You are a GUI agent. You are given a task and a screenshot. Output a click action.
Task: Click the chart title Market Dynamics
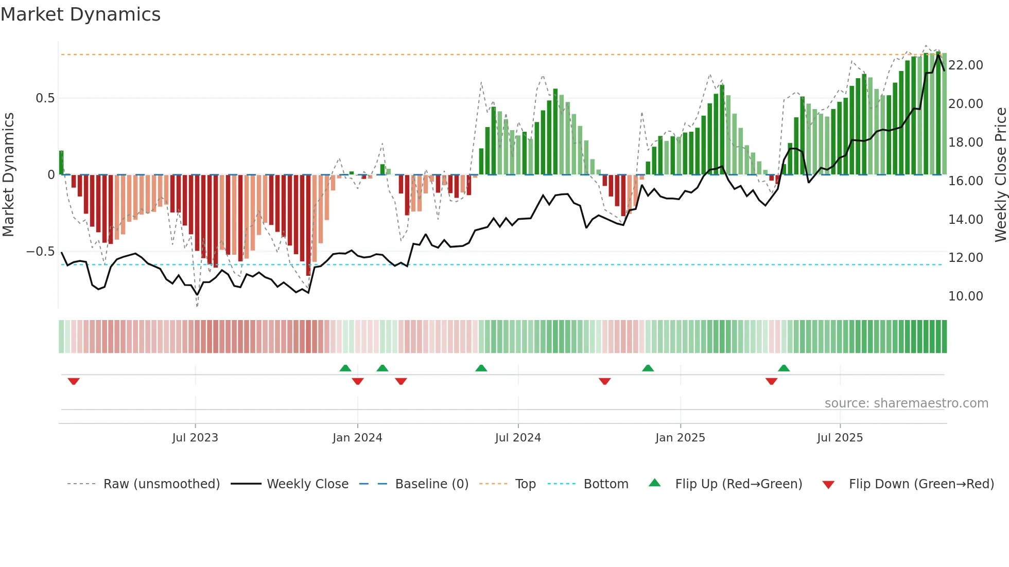[x=80, y=14]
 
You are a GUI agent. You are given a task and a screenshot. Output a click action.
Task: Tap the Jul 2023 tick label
[x=195, y=438]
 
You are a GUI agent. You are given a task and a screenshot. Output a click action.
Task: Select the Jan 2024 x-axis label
[x=357, y=438]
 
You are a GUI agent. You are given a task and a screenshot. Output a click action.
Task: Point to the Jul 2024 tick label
[x=518, y=438]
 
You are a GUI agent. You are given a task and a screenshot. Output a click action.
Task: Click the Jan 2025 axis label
[x=680, y=438]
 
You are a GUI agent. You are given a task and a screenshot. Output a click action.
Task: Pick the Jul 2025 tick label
[x=840, y=438]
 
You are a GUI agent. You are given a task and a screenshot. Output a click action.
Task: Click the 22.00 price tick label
[x=965, y=65]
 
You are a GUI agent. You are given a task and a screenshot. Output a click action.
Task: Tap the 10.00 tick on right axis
[x=965, y=296]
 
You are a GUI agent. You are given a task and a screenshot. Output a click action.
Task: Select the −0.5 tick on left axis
[x=40, y=252]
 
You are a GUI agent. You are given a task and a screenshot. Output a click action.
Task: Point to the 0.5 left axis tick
[x=45, y=98]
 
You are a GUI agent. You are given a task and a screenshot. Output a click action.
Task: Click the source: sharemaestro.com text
[x=906, y=403]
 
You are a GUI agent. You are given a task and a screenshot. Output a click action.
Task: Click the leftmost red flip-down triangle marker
[x=74, y=381]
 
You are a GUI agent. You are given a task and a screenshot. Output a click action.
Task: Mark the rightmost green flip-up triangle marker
[x=784, y=368]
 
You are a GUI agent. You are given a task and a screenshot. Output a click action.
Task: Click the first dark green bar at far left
[x=61, y=163]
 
